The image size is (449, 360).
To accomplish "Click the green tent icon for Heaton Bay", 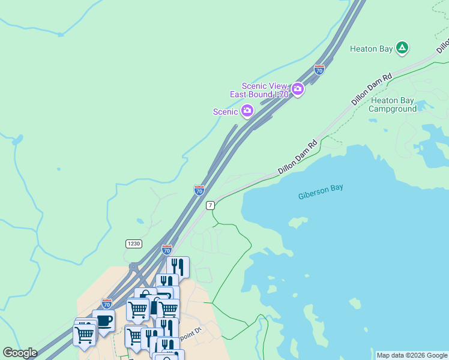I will [402, 48].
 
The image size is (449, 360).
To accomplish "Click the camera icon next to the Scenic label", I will [247, 110].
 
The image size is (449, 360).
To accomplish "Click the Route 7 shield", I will [210, 205].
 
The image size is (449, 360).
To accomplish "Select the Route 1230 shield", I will [133, 243].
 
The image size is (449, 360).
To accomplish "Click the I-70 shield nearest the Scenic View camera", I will [319, 70].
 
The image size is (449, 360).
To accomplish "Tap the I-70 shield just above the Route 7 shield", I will [199, 190].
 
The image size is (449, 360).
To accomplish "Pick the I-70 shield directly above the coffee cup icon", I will [106, 304].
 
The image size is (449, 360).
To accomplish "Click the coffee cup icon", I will [103, 320].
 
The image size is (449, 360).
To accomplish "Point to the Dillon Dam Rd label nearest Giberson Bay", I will [297, 158].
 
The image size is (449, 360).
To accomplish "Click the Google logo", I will [20, 353].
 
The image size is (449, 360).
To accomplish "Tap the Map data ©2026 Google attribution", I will [412, 355].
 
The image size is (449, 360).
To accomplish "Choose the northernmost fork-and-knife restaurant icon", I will [178, 266].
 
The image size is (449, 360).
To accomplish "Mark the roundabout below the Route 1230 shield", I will [133, 266].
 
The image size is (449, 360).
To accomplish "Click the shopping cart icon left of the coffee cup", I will [84, 333].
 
